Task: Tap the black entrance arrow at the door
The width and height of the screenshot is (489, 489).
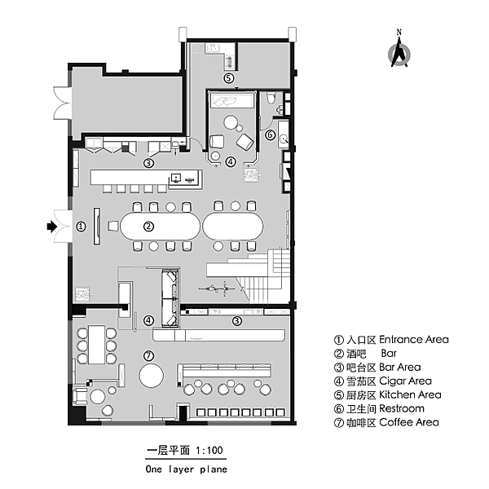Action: point(52,227)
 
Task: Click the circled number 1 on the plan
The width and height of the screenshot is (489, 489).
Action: point(81,227)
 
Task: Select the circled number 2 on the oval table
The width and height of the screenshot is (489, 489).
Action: point(148,227)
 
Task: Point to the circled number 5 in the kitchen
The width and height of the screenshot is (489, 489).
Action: point(228,78)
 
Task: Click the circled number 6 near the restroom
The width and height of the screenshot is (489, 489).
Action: point(270,134)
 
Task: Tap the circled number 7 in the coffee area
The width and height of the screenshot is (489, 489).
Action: point(148,355)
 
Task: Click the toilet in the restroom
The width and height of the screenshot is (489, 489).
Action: point(271,98)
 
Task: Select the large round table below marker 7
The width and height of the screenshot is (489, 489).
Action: point(152,376)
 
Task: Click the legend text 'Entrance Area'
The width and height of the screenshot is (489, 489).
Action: point(414,339)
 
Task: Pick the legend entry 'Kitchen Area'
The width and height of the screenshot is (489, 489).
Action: point(410,394)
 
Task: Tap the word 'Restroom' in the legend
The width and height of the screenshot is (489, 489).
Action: point(402,408)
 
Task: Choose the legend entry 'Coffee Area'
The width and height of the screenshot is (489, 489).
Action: point(409,422)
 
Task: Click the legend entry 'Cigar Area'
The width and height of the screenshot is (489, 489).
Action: point(405,381)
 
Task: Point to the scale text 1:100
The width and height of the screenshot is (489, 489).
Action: point(209,451)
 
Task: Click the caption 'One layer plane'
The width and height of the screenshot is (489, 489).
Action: point(186,469)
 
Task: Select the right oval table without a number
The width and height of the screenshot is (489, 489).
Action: point(233,226)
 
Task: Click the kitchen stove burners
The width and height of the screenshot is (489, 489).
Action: point(230,61)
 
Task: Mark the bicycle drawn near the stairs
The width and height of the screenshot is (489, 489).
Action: point(217,289)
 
